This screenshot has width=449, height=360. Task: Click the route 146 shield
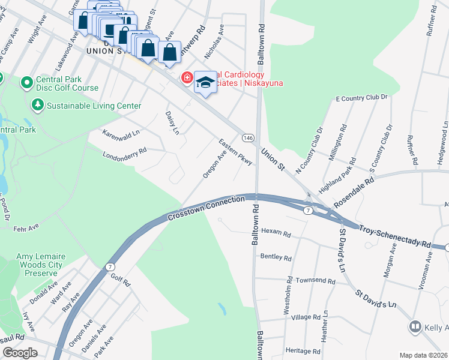tap(247, 138)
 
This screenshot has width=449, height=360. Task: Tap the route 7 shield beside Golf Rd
tap(110, 266)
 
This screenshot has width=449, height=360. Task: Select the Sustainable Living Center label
tap(94, 106)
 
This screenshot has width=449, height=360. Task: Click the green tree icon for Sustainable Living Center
tap(38, 106)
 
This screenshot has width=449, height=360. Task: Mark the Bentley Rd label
tap(276, 257)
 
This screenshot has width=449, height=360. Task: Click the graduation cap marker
tap(205, 83)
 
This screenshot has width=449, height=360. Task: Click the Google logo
tap(20, 353)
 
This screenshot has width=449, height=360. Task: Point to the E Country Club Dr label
tap(362, 97)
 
